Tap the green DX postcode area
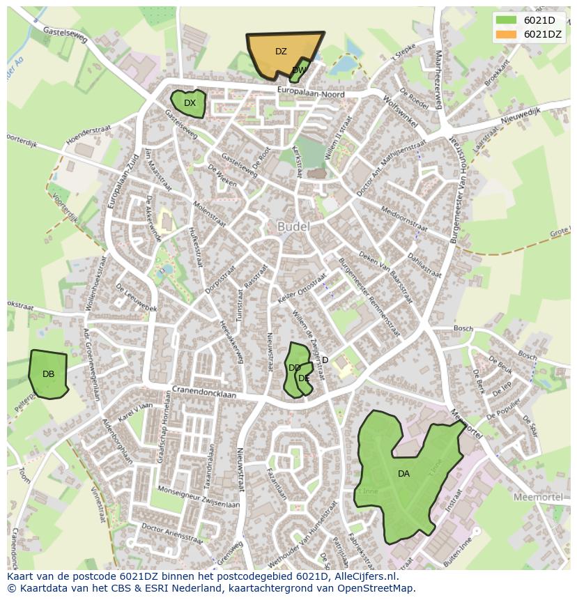point(188,103)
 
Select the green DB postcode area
point(47,374)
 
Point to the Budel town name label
point(293,227)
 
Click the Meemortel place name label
point(537,497)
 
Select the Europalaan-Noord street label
point(311,91)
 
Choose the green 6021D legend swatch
point(506,20)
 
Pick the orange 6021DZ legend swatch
point(506,34)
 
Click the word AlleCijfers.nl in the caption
point(363,576)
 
